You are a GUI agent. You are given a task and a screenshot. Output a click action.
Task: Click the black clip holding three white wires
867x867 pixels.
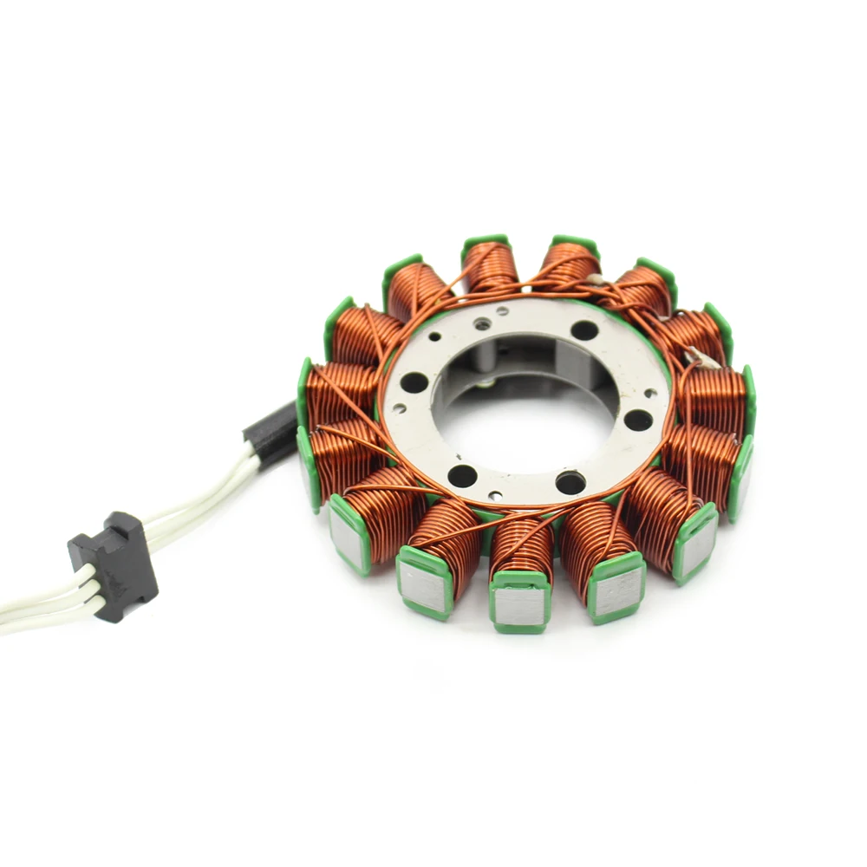pyautogui.click(x=113, y=565)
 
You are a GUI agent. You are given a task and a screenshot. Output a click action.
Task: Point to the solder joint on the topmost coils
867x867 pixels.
pyautogui.click(x=596, y=279)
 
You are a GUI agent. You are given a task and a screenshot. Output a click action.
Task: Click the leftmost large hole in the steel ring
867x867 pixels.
pyautogui.click(x=414, y=382)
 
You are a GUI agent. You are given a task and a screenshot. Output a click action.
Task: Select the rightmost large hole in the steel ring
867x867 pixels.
pyautogui.click(x=638, y=420)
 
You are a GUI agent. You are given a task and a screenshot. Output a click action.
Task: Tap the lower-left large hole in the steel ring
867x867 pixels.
pyautogui.click(x=462, y=475)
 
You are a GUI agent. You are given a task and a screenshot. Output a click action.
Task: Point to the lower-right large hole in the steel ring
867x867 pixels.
pyautogui.click(x=570, y=482)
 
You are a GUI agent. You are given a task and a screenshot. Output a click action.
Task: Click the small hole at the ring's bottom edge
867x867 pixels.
pyautogui.click(x=494, y=495)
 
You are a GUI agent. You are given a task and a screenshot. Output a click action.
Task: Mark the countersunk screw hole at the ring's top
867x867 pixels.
pyautogui.click(x=482, y=324)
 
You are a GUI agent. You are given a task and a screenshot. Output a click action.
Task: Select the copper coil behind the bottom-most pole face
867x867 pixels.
pyautogui.click(x=522, y=546)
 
